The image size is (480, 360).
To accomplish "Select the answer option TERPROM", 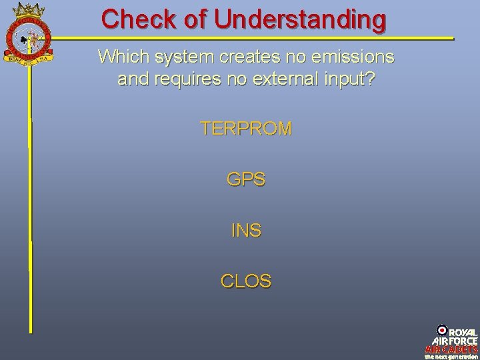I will (x=246, y=129).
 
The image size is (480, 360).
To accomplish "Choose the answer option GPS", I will (x=246, y=179).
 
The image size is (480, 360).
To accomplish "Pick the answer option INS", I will (x=246, y=231).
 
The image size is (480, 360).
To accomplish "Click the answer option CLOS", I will (x=246, y=281).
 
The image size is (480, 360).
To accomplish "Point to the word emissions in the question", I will (x=351, y=57).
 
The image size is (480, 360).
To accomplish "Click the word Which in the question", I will (x=121, y=57).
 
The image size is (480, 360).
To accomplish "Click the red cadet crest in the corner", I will (x=29, y=33).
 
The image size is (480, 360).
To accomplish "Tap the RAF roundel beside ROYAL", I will (x=442, y=330).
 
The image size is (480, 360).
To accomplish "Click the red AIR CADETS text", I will (x=451, y=349).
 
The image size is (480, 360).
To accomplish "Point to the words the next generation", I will (x=451, y=356).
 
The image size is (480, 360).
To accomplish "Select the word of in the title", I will (x=195, y=19).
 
